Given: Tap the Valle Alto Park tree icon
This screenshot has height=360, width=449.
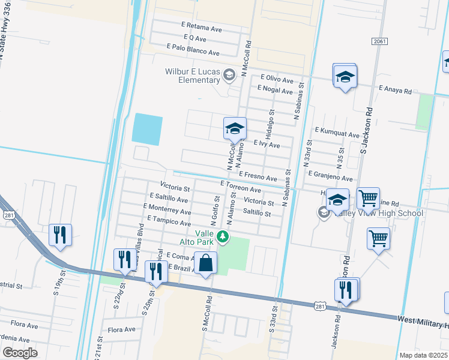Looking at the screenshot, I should (x=223, y=237).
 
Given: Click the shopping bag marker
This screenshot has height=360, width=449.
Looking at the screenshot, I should (x=205, y=263).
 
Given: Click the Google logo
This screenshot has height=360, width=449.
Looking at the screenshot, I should (x=20, y=353).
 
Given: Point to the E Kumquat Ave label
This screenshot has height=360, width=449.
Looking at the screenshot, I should (x=337, y=136).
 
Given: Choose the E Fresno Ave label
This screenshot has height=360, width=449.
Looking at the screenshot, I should (x=258, y=178).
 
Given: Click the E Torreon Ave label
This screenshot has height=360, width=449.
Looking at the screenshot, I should (x=240, y=186).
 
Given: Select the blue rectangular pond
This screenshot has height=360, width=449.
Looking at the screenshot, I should (x=146, y=129).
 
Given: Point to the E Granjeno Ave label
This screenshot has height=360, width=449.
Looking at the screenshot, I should (x=330, y=178).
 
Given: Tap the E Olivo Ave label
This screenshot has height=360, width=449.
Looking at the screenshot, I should (x=276, y=80).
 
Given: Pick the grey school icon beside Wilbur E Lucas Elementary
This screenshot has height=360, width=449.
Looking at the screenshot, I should (x=228, y=75).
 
